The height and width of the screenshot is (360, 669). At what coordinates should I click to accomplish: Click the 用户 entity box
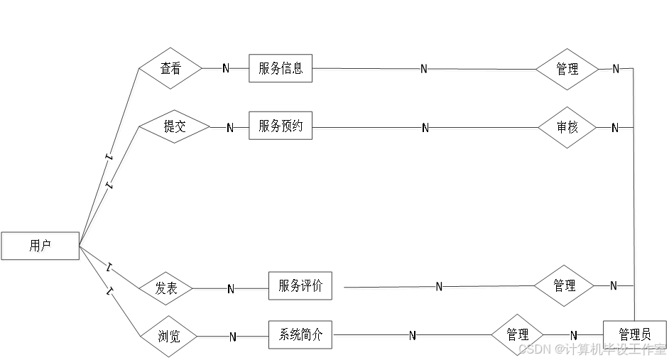click(x=41, y=247)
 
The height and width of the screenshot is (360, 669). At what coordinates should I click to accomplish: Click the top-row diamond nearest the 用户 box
click(x=171, y=68)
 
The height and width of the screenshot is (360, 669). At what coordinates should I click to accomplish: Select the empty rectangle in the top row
click(x=281, y=68)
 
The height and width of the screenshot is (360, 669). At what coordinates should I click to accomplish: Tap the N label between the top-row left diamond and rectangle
click(x=225, y=68)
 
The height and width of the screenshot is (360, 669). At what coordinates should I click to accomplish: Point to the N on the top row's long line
click(x=423, y=69)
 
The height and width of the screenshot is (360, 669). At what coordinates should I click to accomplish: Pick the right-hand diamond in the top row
click(x=567, y=70)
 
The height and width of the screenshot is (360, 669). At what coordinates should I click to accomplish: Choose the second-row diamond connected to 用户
click(x=175, y=126)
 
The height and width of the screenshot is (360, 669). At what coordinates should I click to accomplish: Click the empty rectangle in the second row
click(x=281, y=125)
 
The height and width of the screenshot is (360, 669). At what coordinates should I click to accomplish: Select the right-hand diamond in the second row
click(x=567, y=128)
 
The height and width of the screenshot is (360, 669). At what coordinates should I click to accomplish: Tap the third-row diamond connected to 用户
click(x=166, y=288)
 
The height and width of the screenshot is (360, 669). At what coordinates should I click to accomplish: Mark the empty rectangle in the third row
click(x=300, y=285)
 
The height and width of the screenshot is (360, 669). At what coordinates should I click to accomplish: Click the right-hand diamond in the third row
click(x=564, y=286)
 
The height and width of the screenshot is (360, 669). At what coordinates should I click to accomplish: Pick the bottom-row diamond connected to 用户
click(x=169, y=337)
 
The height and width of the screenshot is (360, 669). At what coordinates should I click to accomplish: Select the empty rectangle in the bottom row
click(x=300, y=334)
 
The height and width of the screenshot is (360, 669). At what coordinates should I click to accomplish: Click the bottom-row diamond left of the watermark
click(x=518, y=334)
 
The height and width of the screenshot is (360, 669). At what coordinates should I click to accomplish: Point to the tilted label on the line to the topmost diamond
click(x=109, y=156)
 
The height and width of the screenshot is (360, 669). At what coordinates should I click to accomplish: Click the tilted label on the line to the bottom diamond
click(x=110, y=290)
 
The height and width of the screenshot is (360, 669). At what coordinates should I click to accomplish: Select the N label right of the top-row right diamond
click(x=616, y=69)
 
